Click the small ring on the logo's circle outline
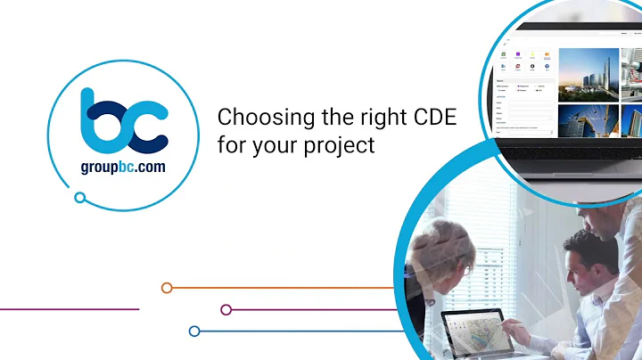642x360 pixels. pyautogui.click(x=80, y=198)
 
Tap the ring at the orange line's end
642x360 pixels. pyautogui.click(x=166, y=288)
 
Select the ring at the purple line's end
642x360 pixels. pyautogui.click(x=226, y=309)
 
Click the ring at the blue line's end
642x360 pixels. pyautogui.click(x=193, y=331)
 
